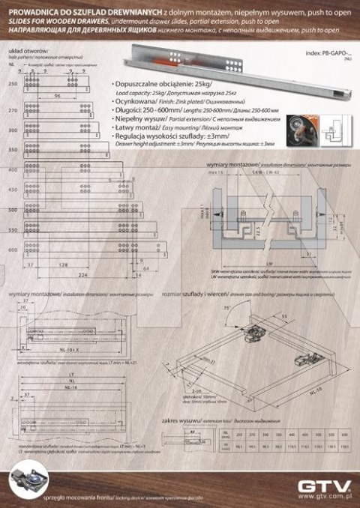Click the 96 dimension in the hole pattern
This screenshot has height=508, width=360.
pyautogui.click(x=56, y=97)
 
